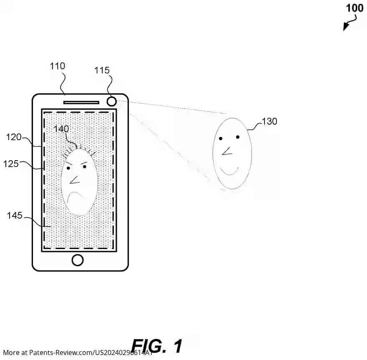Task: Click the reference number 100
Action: tap(354, 8)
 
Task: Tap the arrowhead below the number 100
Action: tap(346, 27)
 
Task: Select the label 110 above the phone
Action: tap(58, 66)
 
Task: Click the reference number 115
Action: tap(102, 70)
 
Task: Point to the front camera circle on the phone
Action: tap(111, 101)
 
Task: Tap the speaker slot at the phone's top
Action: tap(81, 102)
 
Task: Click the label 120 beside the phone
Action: tap(14, 136)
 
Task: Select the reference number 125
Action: tap(11, 164)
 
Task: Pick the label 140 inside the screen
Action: tap(61, 129)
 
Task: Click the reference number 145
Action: tap(15, 216)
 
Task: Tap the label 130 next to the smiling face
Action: tap(269, 121)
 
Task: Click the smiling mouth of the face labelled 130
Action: tap(229, 171)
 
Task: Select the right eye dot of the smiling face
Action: tap(238, 137)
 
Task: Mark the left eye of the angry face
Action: tap(68, 168)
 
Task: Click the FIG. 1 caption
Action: tap(157, 346)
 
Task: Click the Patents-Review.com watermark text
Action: tap(78, 353)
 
